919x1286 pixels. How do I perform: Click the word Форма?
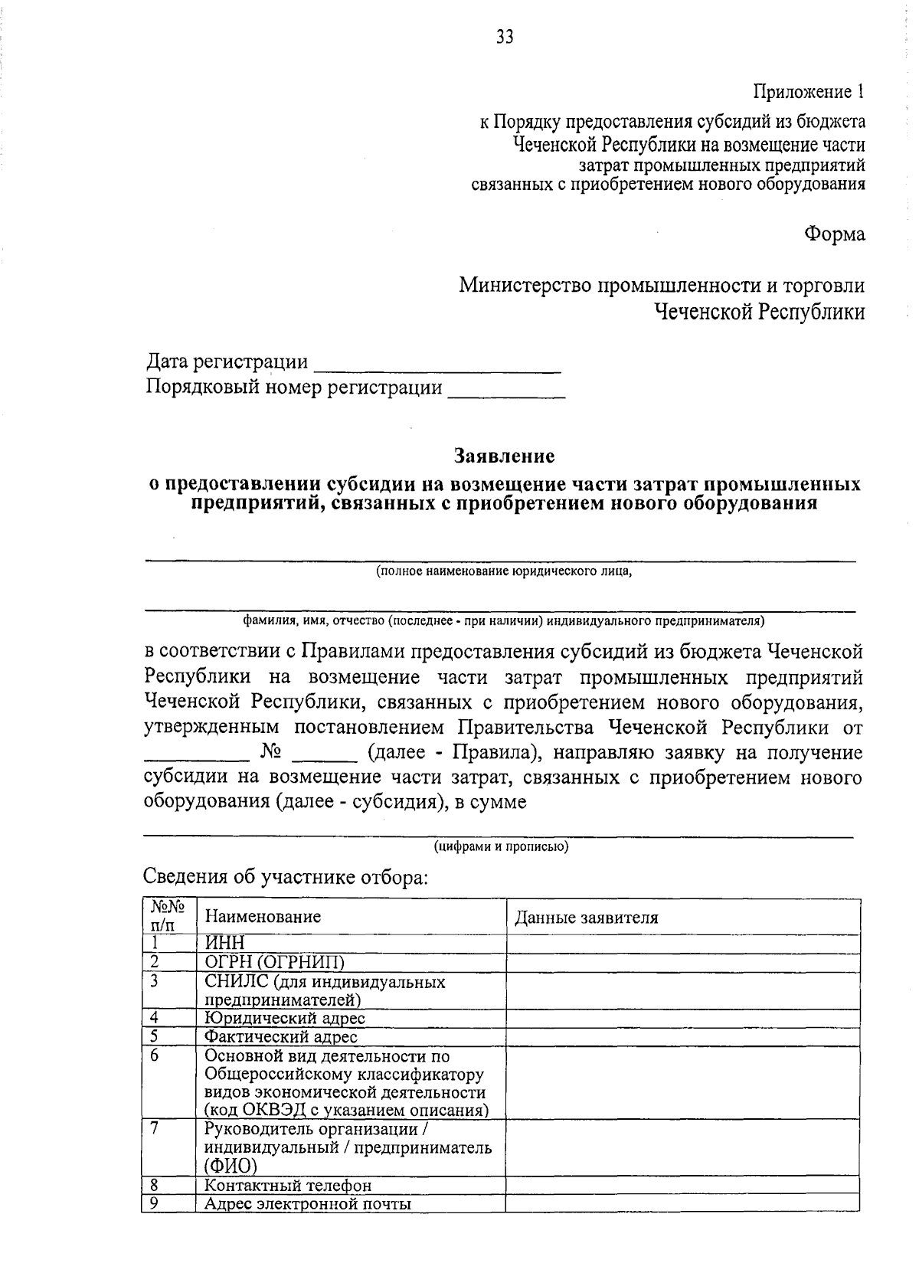834,234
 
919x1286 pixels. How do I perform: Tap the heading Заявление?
504,456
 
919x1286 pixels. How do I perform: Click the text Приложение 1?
809,93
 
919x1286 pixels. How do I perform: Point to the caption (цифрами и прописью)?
502,847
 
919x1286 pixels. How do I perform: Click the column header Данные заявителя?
587,918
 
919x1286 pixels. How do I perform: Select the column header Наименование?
263,917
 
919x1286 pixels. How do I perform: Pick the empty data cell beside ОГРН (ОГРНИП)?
682,962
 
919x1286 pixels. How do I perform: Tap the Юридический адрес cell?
284,1018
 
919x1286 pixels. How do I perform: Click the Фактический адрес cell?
280,1037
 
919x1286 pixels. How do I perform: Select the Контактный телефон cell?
288,1186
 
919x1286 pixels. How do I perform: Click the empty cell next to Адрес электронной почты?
682,1203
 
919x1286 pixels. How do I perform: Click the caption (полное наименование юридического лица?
503,571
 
